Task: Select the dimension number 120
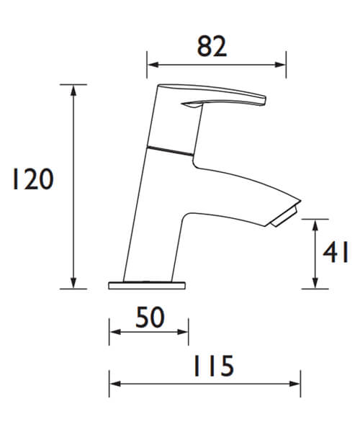coord(32,179)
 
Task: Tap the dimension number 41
coord(336,253)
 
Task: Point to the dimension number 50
coord(149,317)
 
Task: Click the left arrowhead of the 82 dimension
coord(151,66)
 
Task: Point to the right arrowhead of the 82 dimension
coord(282,66)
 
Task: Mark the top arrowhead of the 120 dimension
coord(73,89)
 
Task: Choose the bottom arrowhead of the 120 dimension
coord(73,284)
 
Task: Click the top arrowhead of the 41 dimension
coord(315,225)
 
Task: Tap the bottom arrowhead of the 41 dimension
coord(315,284)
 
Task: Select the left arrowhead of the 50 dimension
coord(113,333)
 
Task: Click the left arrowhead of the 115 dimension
coord(113,384)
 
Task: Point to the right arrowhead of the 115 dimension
coord(296,384)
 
